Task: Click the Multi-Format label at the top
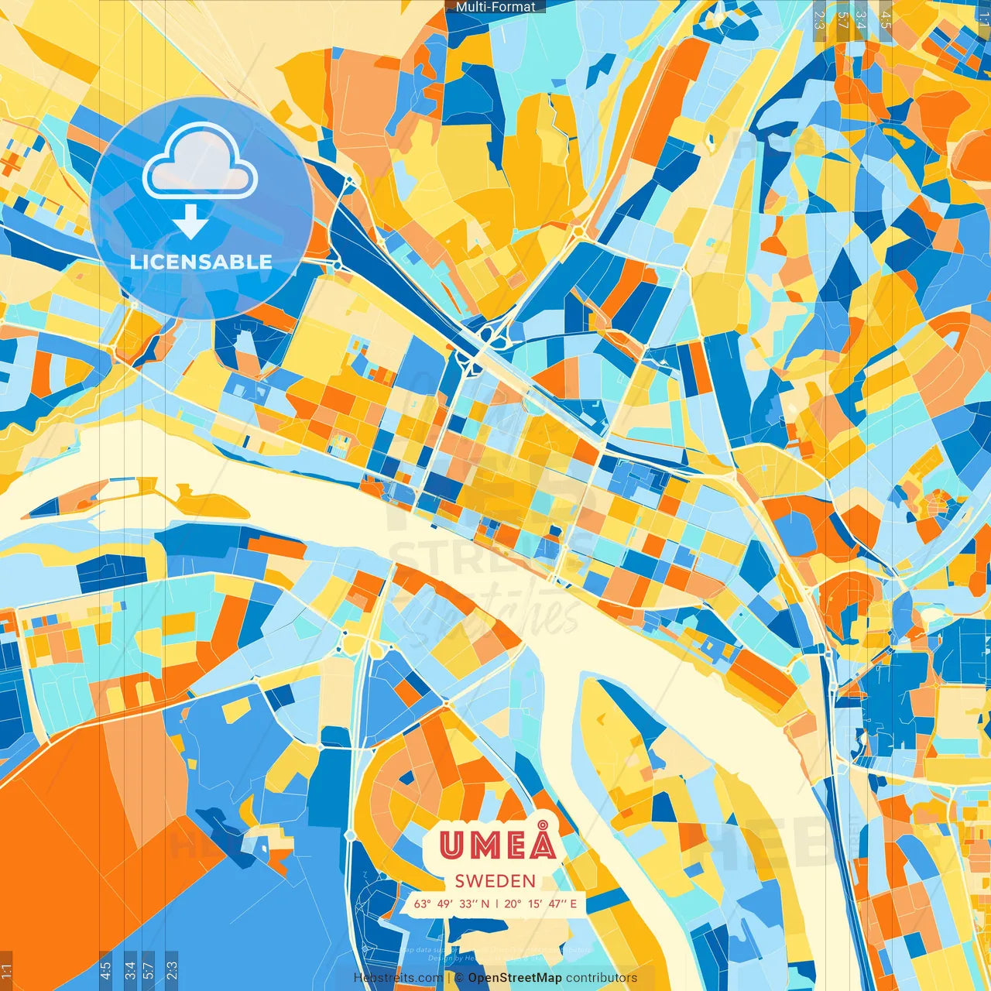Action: pos(495,7)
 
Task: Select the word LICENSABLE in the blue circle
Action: pos(201,262)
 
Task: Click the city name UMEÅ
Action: pos(498,844)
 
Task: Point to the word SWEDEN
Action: pos(495,881)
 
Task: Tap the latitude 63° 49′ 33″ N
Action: pos(451,904)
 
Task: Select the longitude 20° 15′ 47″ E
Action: pos(540,904)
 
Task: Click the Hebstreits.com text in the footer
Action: pos(398,978)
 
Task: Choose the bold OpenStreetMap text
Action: pos(515,978)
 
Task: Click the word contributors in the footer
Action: pos(602,978)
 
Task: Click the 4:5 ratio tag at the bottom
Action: pos(105,970)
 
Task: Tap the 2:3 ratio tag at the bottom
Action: pos(172,970)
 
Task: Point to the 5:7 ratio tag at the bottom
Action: pos(149,970)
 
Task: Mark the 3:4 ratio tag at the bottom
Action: pos(129,970)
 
